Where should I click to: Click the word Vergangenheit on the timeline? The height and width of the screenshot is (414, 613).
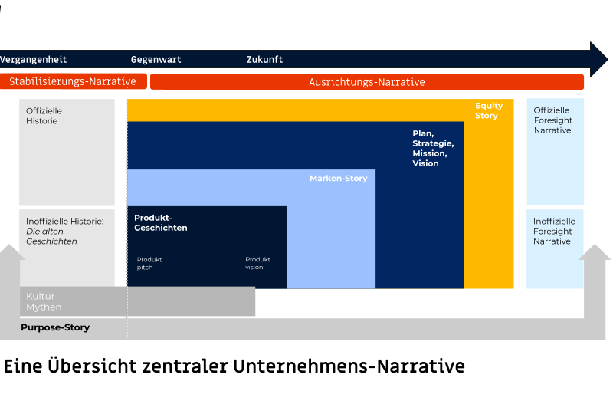pyautogui.click(x=34, y=59)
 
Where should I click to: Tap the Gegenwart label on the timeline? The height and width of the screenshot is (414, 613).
pyautogui.click(x=156, y=59)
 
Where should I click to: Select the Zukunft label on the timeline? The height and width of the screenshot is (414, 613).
pyautogui.click(x=264, y=59)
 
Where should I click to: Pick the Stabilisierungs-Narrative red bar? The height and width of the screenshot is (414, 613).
pyautogui.click(x=73, y=81)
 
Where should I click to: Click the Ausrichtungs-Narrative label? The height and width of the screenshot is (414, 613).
pyautogui.click(x=366, y=82)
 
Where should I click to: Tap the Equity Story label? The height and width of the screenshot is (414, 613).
pyautogui.click(x=488, y=111)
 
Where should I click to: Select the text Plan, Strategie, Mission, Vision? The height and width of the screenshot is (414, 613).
pyautogui.click(x=433, y=148)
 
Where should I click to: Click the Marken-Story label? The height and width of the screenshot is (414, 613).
pyautogui.click(x=338, y=179)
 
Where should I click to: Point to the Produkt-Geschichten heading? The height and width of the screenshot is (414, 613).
pyautogui.click(x=161, y=222)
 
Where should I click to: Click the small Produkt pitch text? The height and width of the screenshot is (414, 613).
pyautogui.click(x=149, y=263)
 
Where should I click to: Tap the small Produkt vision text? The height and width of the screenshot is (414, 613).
pyautogui.click(x=257, y=263)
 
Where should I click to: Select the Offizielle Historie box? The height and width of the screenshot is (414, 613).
pyautogui.click(x=67, y=151)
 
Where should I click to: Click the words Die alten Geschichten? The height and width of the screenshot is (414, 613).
pyautogui.click(x=51, y=236)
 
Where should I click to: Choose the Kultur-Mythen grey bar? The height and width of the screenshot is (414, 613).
pyautogui.click(x=138, y=301)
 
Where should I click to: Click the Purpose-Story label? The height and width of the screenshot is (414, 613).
pyautogui.click(x=55, y=327)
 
